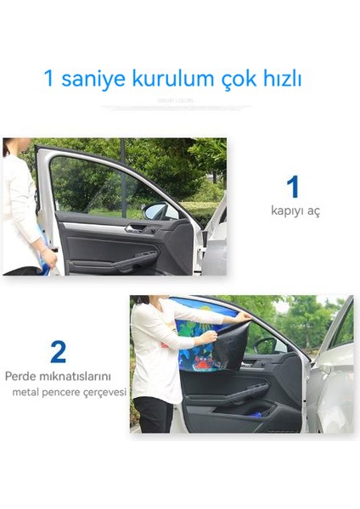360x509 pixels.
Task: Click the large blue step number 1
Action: click(x=293, y=187)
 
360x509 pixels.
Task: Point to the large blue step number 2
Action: click(x=58, y=350)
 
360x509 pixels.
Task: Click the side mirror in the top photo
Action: click(x=155, y=211)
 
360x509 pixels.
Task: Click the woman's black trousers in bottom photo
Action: click(x=154, y=415)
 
